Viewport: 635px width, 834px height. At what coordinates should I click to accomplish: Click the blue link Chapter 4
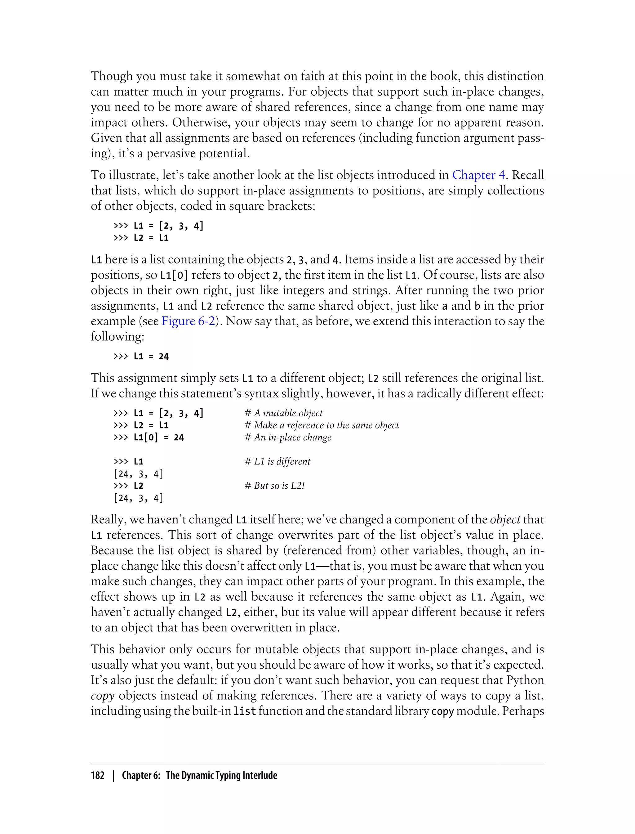(478, 175)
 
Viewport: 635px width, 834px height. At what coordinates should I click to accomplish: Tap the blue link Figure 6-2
(188, 321)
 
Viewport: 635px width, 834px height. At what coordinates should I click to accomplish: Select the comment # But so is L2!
(275, 486)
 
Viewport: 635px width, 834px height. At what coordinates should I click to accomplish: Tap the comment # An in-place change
(288, 437)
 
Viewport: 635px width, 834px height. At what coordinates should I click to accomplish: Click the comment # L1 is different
(278, 461)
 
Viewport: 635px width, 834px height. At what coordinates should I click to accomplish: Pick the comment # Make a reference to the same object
(322, 425)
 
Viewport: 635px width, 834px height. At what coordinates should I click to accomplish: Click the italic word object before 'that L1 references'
(505, 520)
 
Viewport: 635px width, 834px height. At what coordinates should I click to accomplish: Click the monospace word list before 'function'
(245, 711)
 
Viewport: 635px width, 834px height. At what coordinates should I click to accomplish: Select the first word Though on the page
(112, 76)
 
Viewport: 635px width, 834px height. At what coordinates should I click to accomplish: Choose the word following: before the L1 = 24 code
(118, 337)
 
